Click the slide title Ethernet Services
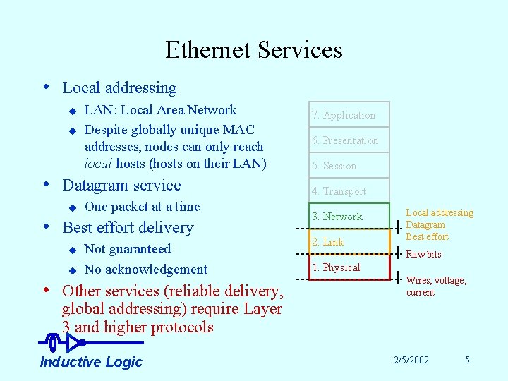(x=254, y=50)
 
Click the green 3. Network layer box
(x=349, y=217)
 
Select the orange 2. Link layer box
(x=349, y=242)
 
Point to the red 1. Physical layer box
(x=349, y=267)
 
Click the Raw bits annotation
(x=424, y=254)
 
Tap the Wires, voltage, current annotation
(x=435, y=286)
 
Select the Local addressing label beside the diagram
(x=440, y=213)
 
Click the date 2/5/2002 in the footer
(x=411, y=360)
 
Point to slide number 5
(x=467, y=360)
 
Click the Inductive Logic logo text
(x=91, y=362)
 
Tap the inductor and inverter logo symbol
(x=66, y=343)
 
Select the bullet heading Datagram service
(x=121, y=186)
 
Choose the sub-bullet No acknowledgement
(x=145, y=270)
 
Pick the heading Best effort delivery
(x=128, y=228)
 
